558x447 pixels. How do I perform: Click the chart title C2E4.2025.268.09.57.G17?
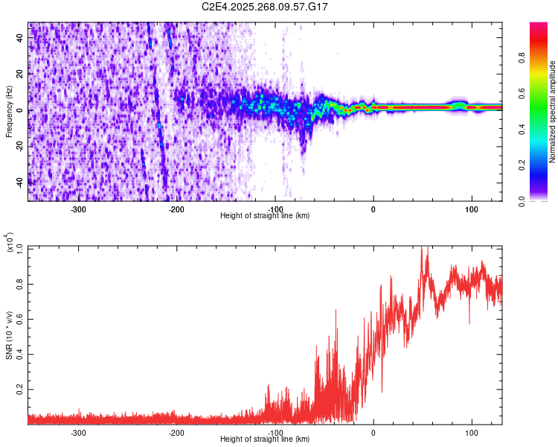pos(266,7)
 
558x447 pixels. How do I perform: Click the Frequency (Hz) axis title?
pos(10,111)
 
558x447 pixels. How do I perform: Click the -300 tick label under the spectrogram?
pos(79,208)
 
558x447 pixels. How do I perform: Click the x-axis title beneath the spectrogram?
pos(266,216)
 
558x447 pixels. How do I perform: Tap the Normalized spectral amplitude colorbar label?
pos(553,112)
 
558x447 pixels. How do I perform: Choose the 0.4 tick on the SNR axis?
pos(19,354)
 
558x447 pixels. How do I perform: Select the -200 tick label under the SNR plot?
pos(177,431)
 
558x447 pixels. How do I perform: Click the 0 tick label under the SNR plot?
pos(373,431)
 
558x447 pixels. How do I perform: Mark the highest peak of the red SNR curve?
pos(422,247)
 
